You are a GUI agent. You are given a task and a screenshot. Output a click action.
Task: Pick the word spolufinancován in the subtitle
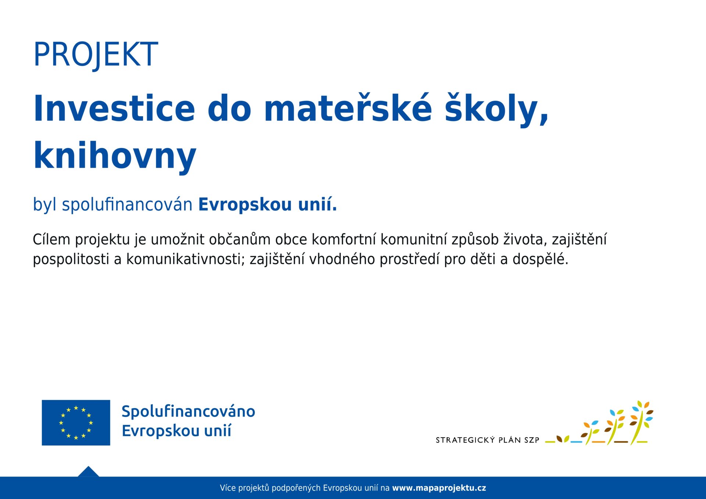127,205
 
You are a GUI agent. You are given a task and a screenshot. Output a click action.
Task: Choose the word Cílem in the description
51,239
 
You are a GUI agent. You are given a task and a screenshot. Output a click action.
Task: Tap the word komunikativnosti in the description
185,259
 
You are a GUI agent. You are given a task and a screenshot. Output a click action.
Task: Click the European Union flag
76,423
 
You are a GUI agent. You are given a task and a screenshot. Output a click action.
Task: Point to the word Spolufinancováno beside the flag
188,412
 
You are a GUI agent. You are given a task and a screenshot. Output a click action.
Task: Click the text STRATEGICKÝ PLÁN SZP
488,440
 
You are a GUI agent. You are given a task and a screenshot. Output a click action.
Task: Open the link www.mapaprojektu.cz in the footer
439,488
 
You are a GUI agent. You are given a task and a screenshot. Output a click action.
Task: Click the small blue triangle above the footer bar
88,471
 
